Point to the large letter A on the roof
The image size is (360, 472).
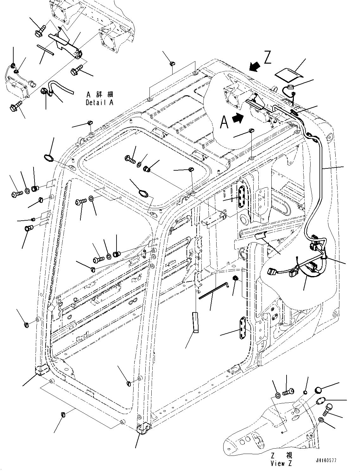pyautogui.click(x=224, y=122)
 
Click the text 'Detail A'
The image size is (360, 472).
pyautogui.click(x=99, y=103)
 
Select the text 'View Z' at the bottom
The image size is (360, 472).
pyautogui.click(x=281, y=463)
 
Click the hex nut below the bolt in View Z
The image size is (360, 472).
pyautogui.click(x=321, y=420)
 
